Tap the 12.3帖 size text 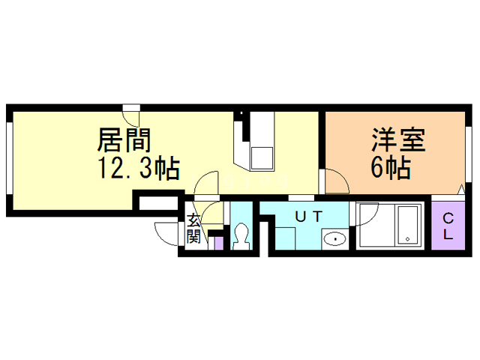coord(136,169)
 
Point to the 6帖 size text coord(390,169)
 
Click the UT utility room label coord(308,217)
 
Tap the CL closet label coord(448,226)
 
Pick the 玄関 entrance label coord(193,229)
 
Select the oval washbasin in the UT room coord(333,240)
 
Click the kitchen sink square coord(262,158)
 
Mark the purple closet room coord(448,226)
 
